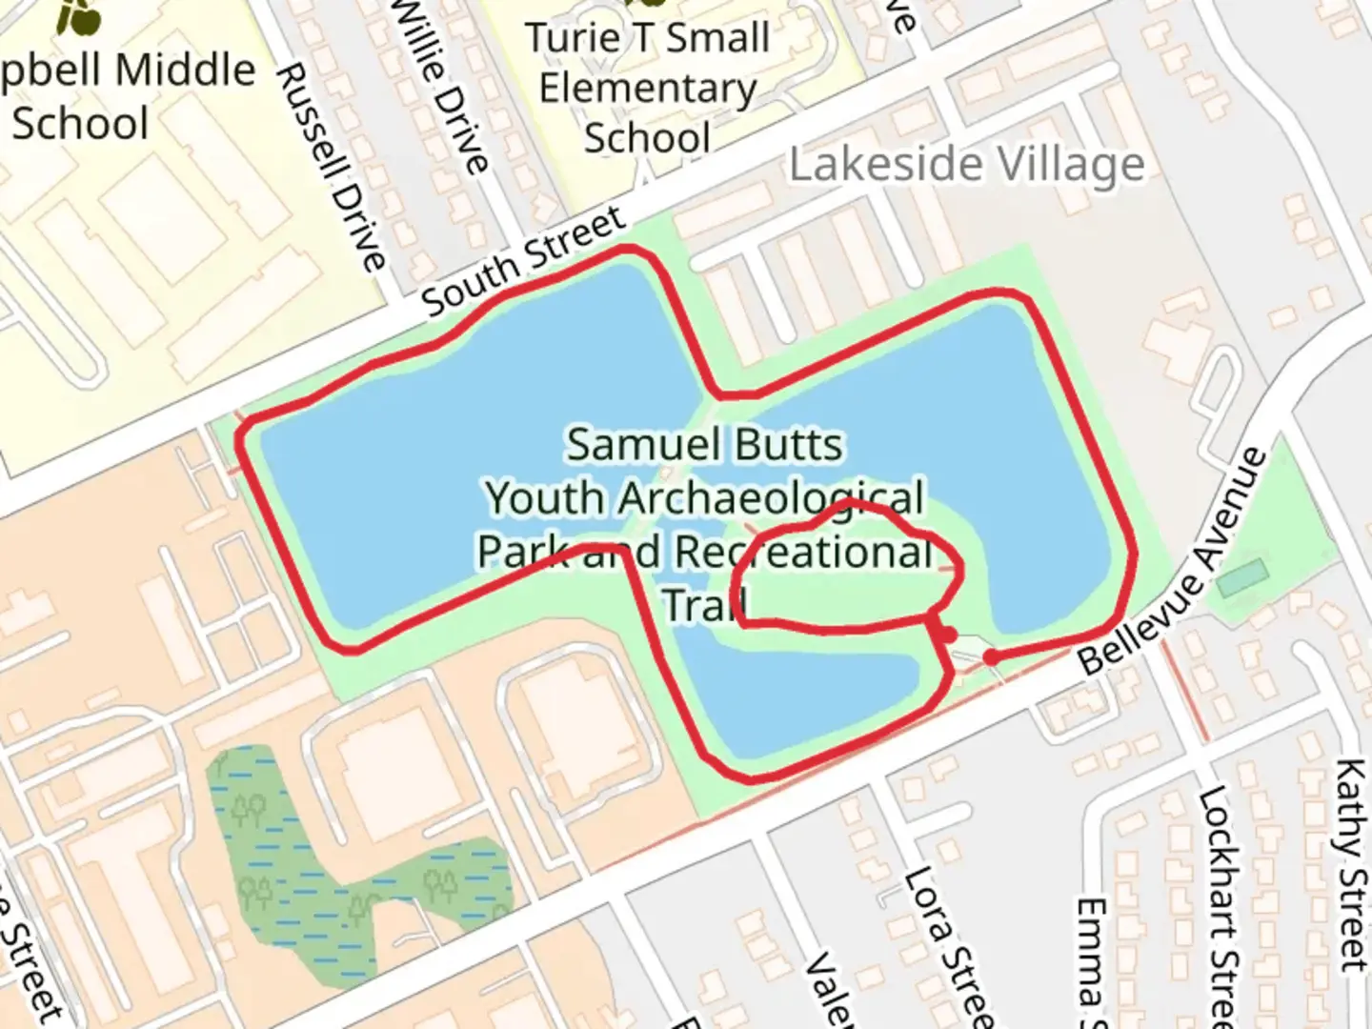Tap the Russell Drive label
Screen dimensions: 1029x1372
pos(331,167)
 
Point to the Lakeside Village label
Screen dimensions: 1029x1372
pos(966,165)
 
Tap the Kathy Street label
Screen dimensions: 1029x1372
pos(1352,863)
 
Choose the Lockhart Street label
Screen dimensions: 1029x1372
pos(1219,905)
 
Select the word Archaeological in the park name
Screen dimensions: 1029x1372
pos(771,498)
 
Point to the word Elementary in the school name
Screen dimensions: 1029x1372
pos(648,89)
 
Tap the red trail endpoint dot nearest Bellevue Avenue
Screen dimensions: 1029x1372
pos(992,657)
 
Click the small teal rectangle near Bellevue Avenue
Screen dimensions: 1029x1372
pos(1242,577)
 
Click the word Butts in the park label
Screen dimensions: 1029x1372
pos(785,445)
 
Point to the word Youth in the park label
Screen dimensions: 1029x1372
pos(544,498)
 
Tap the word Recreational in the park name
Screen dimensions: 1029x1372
pos(803,552)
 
